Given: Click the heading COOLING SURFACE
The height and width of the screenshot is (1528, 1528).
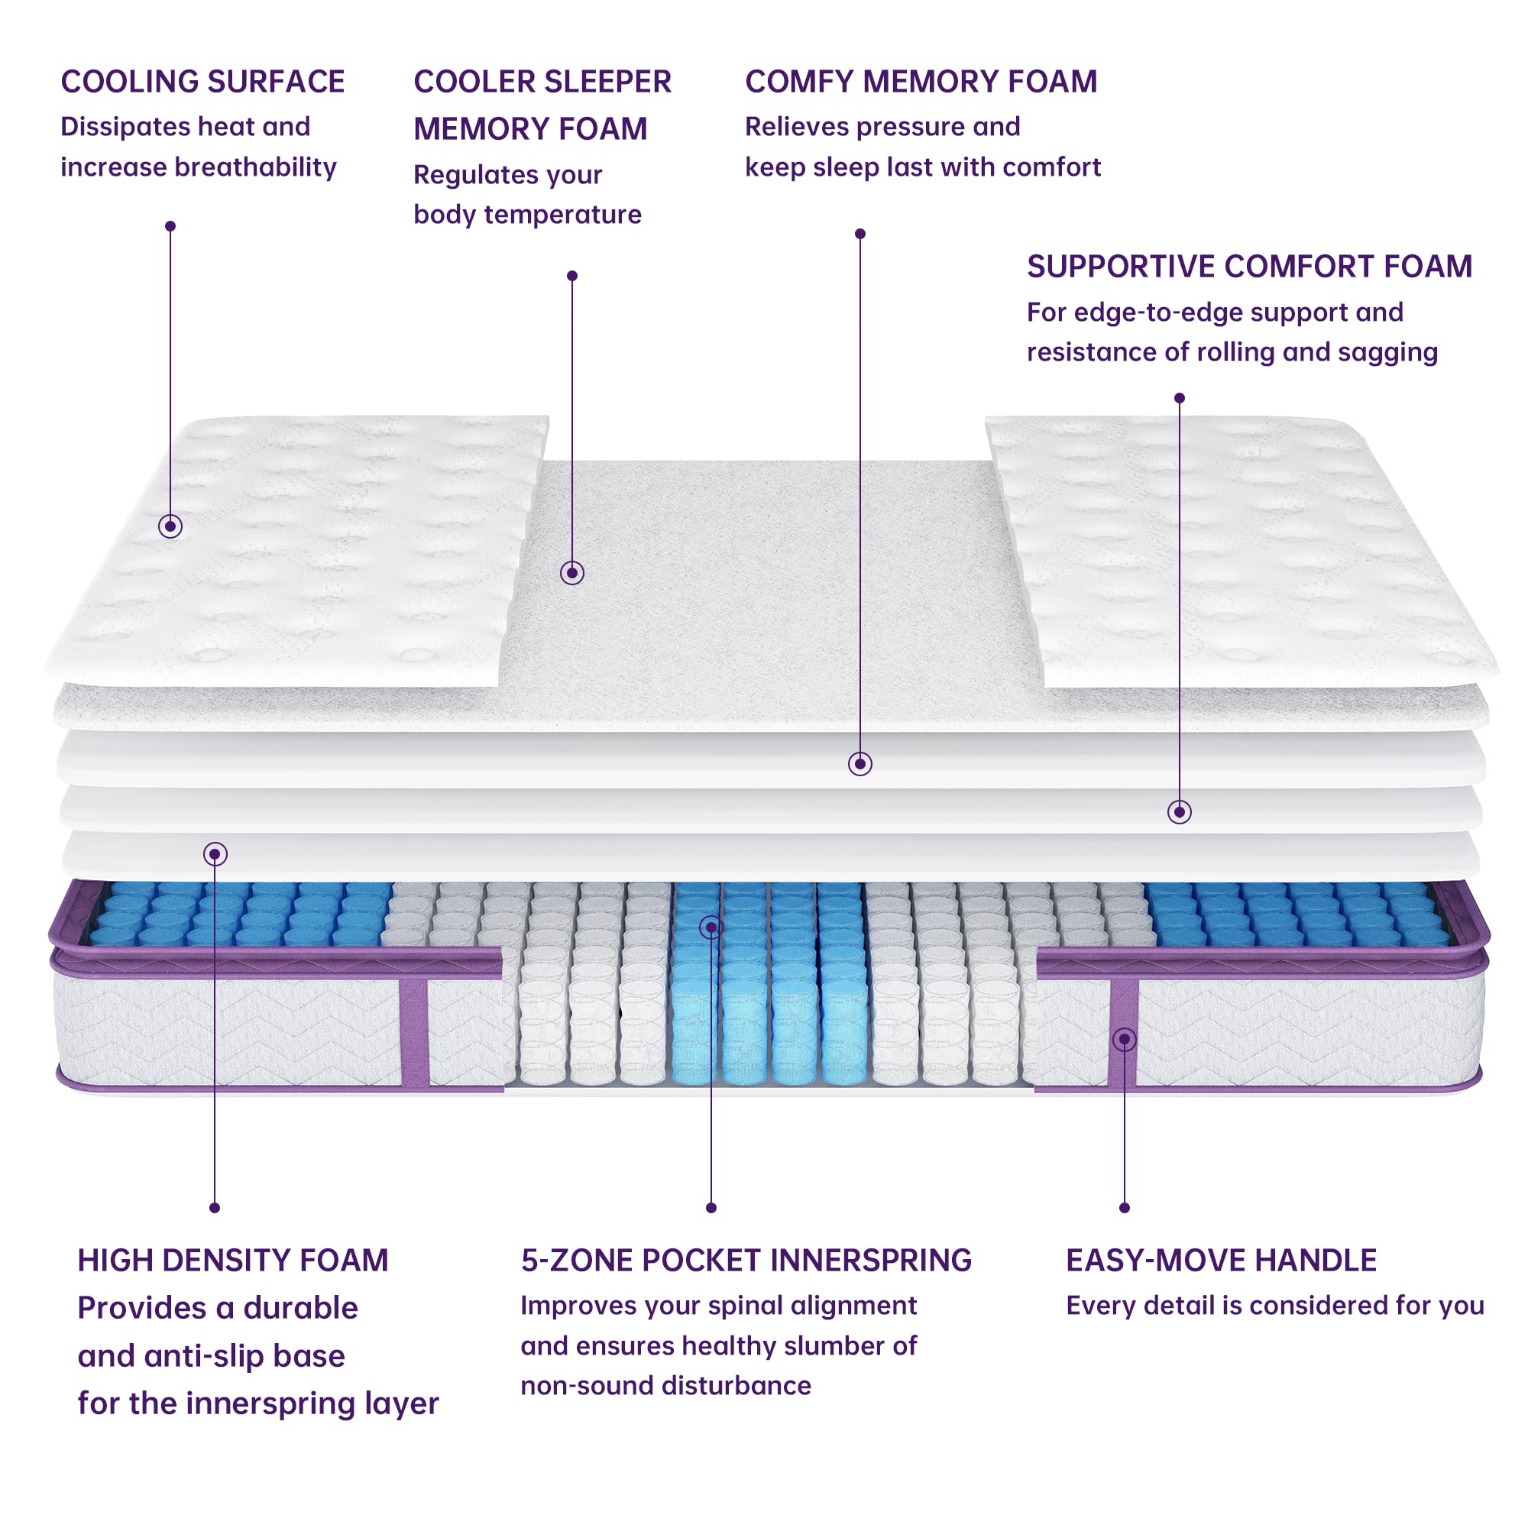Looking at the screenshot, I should [x=202, y=83].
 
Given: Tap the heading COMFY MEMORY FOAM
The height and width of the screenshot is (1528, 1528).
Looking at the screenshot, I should [x=921, y=83].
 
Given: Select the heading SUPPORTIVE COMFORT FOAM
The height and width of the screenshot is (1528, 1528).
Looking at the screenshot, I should [x=1249, y=267].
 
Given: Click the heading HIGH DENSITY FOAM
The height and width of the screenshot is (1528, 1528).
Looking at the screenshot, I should [x=232, y=1261].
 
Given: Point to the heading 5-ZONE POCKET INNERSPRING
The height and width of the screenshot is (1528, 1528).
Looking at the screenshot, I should [x=746, y=1261].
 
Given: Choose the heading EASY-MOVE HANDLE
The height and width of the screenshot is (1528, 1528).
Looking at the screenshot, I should [x=1220, y=1261].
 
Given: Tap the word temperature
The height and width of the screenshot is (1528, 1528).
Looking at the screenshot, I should [x=562, y=215].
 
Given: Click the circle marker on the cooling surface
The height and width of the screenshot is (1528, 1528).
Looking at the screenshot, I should [x=170, y=526].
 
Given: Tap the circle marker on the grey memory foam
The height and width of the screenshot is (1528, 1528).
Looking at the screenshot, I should [x=571, y=572].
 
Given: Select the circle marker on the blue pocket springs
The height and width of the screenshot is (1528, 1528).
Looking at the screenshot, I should [x=711, y=927].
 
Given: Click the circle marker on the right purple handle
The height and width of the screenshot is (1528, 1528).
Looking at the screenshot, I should [x=1124, y=1039].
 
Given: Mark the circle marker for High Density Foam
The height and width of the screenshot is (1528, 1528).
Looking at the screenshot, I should [x=215, y=854].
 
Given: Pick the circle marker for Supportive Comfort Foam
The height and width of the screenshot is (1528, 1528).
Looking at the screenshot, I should [x=1179, y=811].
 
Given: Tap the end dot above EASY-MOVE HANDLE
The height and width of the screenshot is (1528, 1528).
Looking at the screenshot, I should [x=1124, y=1208].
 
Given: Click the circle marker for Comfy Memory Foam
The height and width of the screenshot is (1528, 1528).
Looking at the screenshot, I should [x=859, y=763].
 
